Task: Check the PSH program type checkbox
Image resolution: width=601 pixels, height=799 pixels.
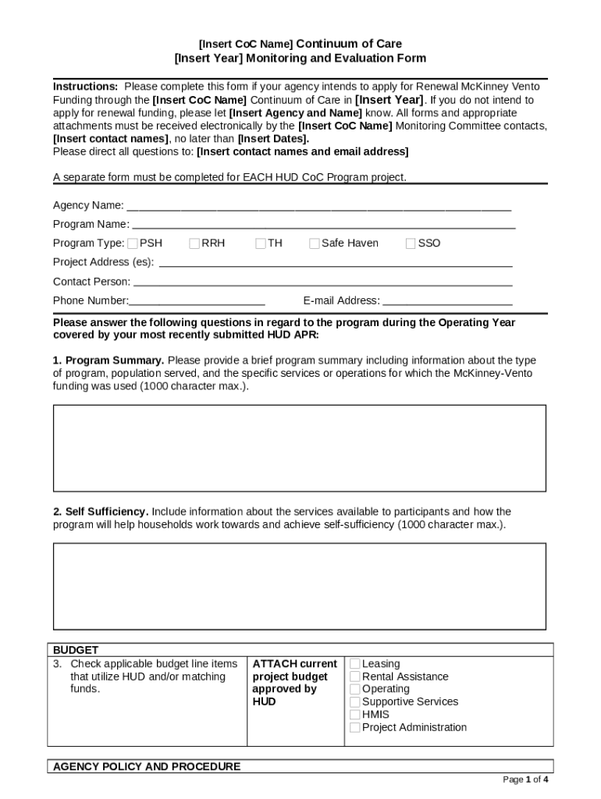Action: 133,243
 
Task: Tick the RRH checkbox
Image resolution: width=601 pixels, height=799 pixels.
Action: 195,243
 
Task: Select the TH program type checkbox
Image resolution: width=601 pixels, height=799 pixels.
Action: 261,243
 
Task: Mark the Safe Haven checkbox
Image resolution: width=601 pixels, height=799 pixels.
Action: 315,243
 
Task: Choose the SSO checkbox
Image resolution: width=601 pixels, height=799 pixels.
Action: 411,243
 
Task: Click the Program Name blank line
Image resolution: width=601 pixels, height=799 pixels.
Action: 323,226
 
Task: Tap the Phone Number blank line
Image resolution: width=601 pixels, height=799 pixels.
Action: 197,303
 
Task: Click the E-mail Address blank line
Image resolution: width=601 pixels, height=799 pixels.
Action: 447,303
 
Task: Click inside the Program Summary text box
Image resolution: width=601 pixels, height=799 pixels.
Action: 300,448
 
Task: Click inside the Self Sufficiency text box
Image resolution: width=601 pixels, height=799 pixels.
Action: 300,586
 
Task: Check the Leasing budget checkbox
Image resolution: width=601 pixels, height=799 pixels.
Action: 355,664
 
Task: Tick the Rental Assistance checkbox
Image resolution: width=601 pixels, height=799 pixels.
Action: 355,676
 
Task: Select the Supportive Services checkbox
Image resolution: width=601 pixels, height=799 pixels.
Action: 355,701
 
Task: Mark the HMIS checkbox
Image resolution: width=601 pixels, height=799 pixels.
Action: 355,714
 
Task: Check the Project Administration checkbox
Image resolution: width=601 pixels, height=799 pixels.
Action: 355,727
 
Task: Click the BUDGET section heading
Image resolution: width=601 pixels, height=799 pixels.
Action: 76,650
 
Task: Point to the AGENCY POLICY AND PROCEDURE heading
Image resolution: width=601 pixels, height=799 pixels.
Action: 147,766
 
